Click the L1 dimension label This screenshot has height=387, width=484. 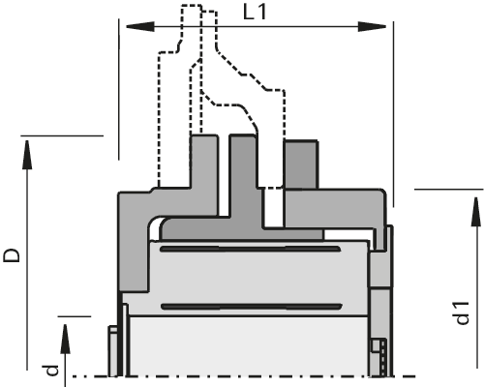coord(255,13)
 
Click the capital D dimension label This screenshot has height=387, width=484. coord(12,254)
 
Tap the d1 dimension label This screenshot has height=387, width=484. coord(462,313)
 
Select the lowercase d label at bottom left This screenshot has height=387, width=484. coord(51,371)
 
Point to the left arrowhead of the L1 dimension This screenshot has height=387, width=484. coord(139,27)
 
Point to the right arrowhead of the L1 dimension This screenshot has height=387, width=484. coord(372,27)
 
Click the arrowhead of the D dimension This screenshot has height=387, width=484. coord(27,155)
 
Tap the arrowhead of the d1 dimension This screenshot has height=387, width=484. coord(476,212)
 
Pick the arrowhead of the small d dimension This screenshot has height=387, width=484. coord(65,339)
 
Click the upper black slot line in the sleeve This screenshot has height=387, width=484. coord(251,249)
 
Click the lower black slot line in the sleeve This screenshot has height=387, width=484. coord(251,307)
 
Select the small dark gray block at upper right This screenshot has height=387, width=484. coord(301,164)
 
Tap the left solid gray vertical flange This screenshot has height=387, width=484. coord(204,174)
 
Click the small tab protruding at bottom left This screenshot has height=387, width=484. coord(113,351)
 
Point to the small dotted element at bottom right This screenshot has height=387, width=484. coord(382,357)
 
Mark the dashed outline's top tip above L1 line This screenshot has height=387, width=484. coord(192,5)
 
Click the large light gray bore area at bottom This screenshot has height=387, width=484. coord(249,346)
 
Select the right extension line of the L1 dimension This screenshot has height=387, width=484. coord(393,114)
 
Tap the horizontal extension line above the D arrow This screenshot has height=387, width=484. coord(62,135)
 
